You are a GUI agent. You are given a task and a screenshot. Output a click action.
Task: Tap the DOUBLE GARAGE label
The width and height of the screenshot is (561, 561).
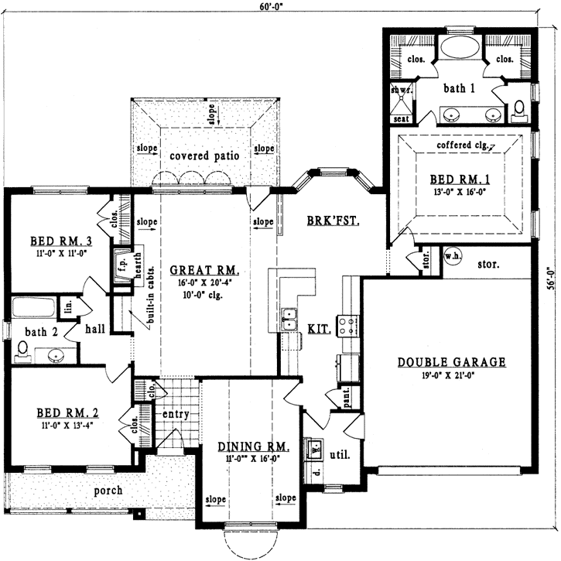451,361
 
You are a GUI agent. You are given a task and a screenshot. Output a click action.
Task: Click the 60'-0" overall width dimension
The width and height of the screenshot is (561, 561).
282,8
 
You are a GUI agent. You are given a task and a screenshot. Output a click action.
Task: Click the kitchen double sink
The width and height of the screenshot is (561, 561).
291,315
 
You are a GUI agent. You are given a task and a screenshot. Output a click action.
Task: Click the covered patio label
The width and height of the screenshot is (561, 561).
204,156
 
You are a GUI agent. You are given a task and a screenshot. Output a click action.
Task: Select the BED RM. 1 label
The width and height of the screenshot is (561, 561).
462,180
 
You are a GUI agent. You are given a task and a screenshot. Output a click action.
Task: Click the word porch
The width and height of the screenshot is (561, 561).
108,491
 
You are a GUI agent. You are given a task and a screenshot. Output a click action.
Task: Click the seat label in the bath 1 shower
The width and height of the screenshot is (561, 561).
401,119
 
